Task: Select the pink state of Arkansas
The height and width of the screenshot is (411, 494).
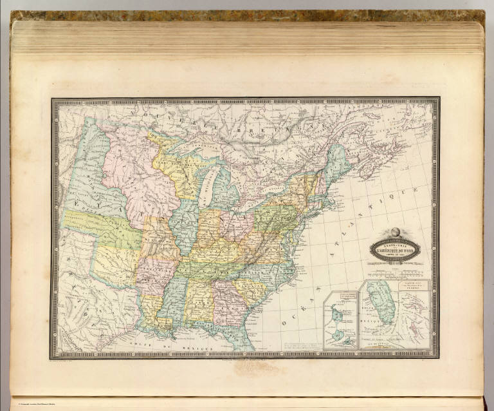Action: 147,271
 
